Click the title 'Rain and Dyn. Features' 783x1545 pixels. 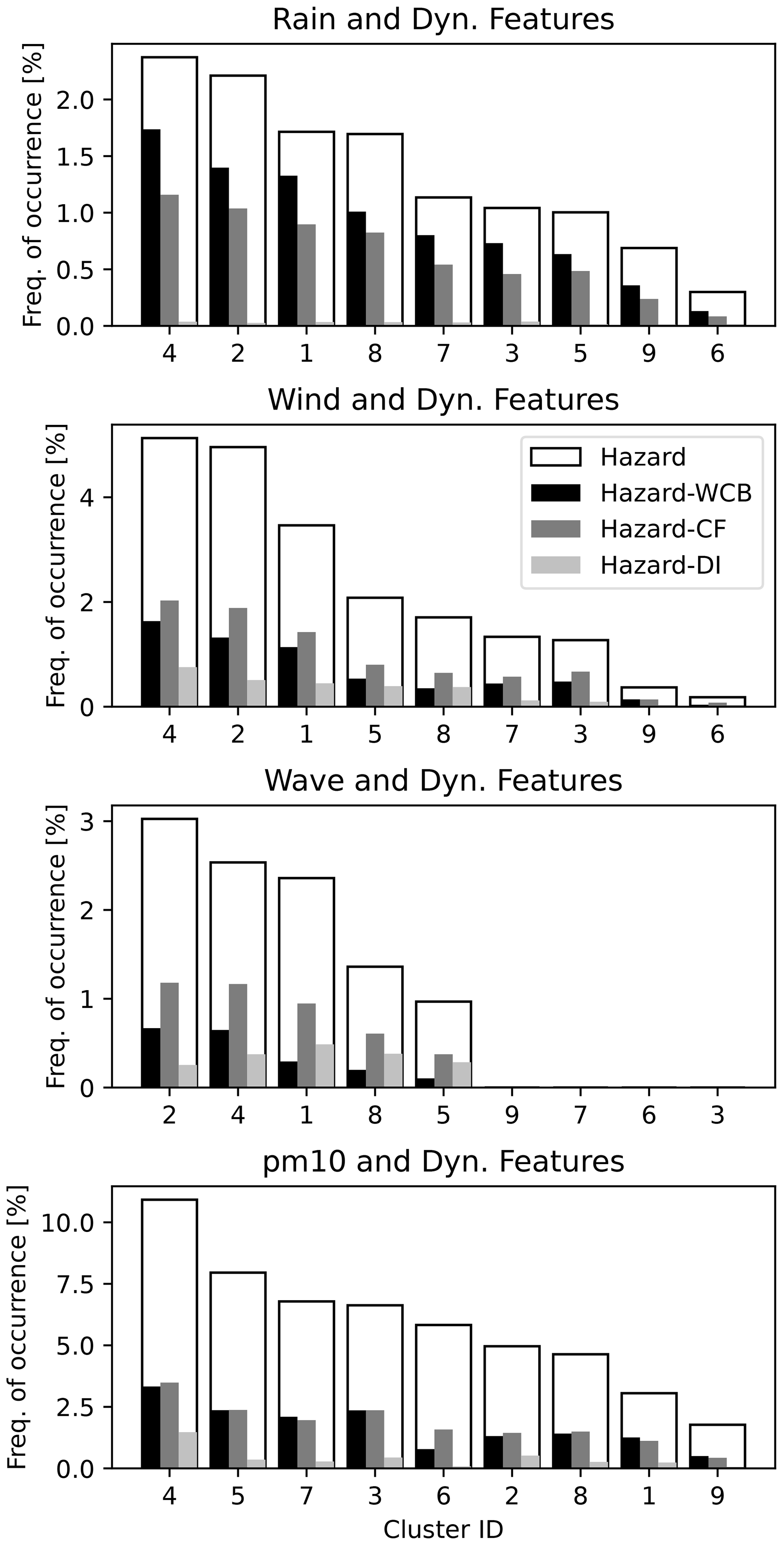pos(443,20)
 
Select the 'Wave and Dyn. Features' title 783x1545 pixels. pos(443,781)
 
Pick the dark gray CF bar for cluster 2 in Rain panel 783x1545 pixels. pos(238,267)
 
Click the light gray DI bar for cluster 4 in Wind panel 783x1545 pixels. pos(188,687)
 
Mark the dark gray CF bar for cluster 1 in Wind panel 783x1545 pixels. pos(306,669)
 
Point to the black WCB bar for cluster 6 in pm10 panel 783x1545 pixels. pos(425,1458)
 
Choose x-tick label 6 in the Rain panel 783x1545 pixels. pos(717,353)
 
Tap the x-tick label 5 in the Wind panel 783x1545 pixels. pos(375,734)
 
